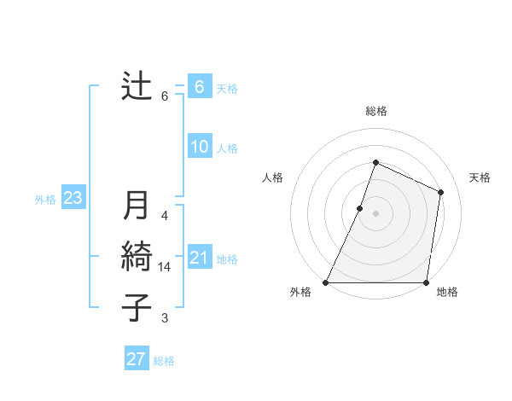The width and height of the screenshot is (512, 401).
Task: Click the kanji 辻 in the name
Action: coord(137,85)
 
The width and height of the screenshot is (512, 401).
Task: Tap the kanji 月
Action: coord(137,206)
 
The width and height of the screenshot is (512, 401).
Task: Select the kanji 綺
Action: coord(137,257)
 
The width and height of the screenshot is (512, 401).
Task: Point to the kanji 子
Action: coord(137,308)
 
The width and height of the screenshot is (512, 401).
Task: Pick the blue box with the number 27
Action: coord(137,359)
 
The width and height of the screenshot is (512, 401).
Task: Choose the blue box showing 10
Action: coord(200,147)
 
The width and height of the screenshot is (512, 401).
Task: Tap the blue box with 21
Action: coord(200,258)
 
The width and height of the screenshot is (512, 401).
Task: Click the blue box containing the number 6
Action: coord(200,87)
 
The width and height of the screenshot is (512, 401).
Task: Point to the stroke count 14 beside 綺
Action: coord(165,267)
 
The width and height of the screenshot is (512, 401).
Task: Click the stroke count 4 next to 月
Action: coord(165,216)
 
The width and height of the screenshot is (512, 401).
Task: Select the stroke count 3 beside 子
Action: coord(165,318)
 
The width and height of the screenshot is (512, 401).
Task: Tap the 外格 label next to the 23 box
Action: coord(45,200)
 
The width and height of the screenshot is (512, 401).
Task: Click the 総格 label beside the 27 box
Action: coord(164,361)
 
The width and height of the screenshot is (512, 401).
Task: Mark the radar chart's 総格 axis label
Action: coord(375,111)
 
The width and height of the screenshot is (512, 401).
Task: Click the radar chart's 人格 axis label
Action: coord(272,177)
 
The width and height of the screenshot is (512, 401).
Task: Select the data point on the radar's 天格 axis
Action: coord(441,192)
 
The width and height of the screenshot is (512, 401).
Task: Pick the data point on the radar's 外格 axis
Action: coord(326,282)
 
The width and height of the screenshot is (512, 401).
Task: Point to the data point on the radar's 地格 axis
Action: coord(425,282)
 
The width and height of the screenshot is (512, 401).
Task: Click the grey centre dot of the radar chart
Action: coord(375,213)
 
